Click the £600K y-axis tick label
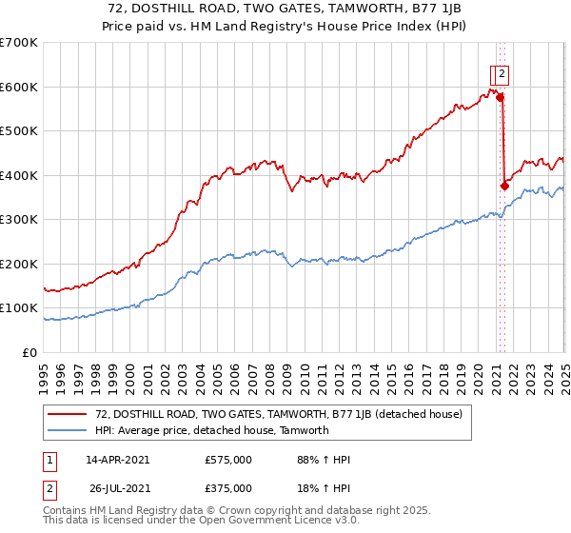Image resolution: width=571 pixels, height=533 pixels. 19,87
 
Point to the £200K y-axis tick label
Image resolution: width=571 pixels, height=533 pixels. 19,264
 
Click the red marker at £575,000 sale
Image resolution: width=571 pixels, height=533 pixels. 500,97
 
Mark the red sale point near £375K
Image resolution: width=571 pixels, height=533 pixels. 504,186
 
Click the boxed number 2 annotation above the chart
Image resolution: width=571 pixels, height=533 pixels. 502,71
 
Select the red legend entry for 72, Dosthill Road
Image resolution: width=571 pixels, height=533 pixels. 279,414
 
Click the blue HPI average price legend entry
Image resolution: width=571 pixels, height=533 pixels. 211,430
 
